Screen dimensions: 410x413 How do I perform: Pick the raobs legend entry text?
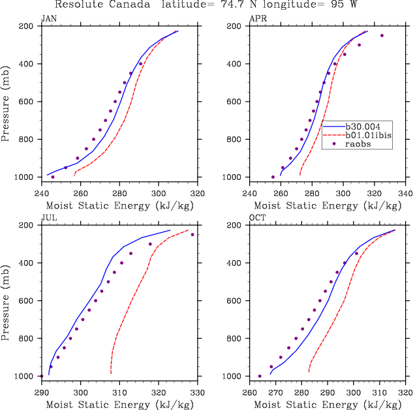coord(364,145)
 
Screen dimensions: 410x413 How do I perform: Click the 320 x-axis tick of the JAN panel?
coord(198,193)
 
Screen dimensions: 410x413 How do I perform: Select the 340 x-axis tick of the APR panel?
coord(405,193)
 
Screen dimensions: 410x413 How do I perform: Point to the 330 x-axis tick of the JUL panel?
coord(198,392)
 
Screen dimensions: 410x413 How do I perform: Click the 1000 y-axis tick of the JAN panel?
coord(26,177)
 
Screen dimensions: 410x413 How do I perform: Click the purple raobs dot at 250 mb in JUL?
coord(192,235)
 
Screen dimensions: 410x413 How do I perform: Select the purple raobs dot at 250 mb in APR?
coord(382,35)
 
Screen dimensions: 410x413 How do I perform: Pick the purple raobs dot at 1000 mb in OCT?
coord(260,376)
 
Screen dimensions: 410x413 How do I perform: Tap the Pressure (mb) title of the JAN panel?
coord(6,102)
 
